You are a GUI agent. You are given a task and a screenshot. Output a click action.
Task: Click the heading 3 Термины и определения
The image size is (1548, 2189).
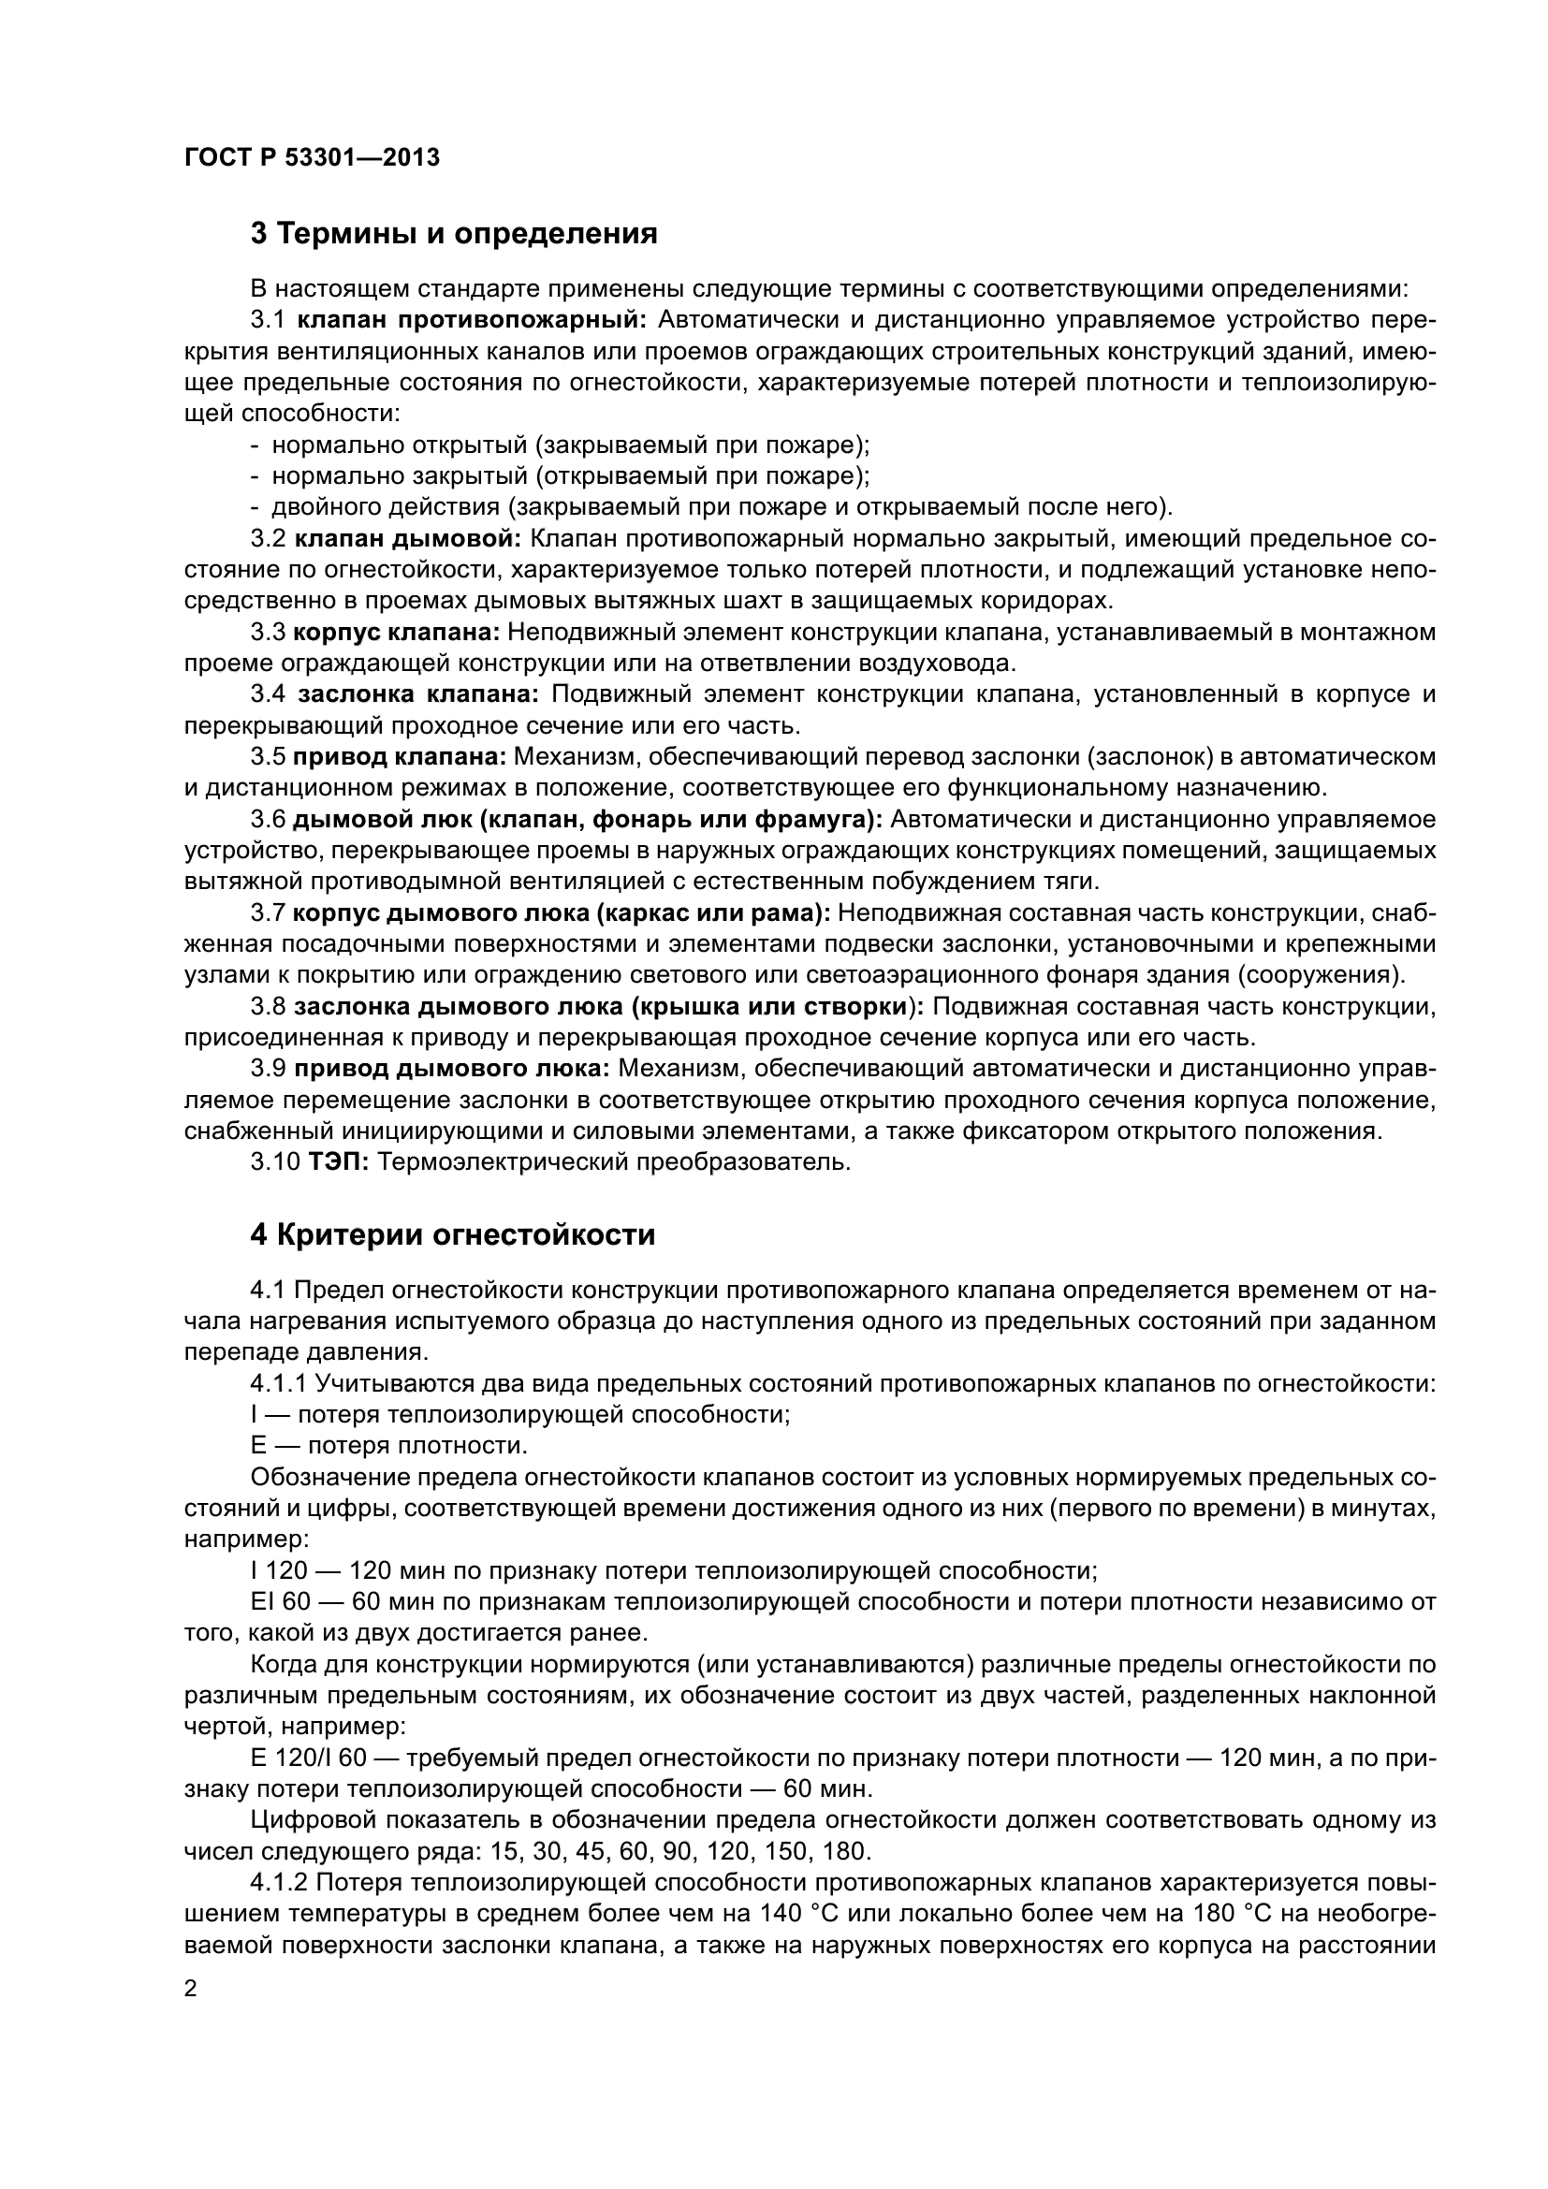click(454, 234)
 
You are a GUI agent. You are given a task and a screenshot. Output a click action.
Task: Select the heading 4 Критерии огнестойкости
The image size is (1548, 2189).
click(453, 1234)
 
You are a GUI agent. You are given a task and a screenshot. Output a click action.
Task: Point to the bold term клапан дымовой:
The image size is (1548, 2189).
click(408, 539)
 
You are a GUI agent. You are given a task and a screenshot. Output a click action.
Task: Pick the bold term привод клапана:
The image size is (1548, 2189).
click(400, 757)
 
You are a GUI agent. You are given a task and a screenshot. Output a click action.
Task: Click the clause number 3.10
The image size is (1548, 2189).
click(274, 1162)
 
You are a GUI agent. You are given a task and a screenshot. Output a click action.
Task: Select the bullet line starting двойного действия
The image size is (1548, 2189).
click(722, 506)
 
